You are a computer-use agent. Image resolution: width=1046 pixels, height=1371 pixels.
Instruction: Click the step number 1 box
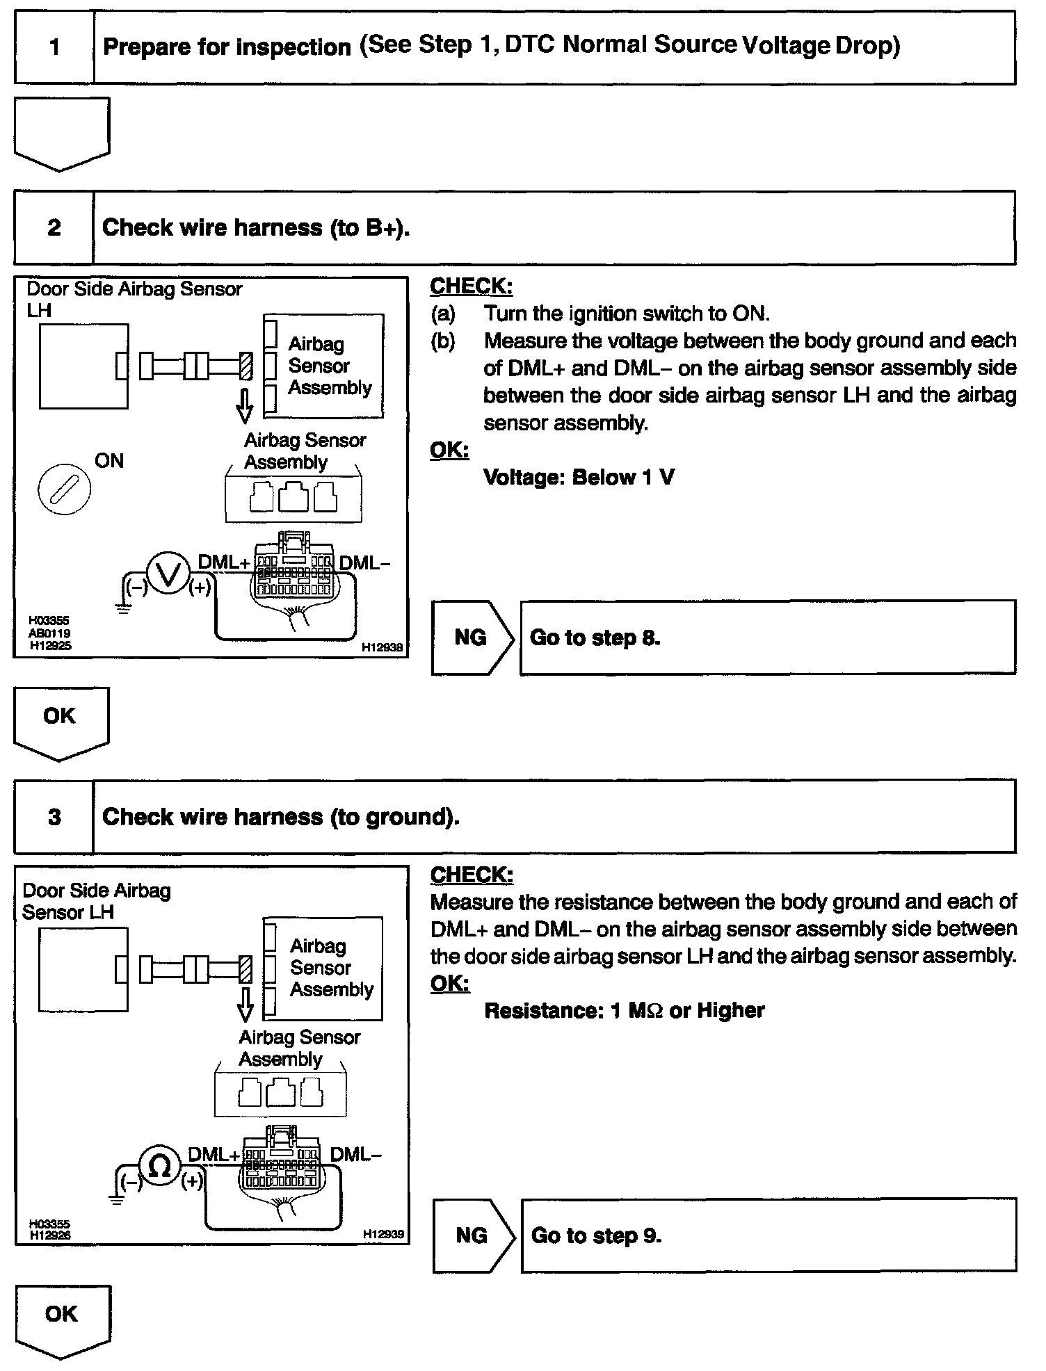[54, 48]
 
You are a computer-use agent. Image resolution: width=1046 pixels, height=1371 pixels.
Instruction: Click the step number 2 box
[54, 228]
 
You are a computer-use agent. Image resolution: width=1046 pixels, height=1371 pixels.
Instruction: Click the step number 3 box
[54, 816]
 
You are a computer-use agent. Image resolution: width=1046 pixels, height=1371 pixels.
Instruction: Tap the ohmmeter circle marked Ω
[160, 1167]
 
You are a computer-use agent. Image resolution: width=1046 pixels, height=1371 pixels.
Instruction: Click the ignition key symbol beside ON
[64, 489]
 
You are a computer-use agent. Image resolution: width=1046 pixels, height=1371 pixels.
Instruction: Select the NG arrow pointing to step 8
[472, 638]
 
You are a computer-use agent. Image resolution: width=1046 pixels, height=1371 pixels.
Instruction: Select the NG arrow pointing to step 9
[473, 1235]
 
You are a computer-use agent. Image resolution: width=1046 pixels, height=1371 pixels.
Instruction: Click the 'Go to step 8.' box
[767, 638]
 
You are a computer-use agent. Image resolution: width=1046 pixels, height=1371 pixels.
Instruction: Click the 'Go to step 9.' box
[768, 1235]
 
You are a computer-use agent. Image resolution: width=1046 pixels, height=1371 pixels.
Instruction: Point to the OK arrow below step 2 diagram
[61, 722]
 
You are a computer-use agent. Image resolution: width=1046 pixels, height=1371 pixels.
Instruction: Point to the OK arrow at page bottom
[62, 1319]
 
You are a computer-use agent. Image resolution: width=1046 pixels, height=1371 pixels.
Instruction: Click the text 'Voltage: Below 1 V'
[579, 478]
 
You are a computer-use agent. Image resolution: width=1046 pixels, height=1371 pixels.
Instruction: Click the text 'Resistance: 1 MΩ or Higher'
[624, 1010]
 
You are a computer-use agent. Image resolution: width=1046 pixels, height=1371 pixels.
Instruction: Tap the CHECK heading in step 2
[471, 286]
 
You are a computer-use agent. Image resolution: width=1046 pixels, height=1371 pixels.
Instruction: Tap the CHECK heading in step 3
[471, 875]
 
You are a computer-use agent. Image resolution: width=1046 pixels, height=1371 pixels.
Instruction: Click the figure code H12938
[382, 647]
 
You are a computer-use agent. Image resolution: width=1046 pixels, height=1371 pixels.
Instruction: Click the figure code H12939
[383, 1234]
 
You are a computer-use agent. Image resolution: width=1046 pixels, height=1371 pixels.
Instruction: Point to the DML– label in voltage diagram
[364, 562]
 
